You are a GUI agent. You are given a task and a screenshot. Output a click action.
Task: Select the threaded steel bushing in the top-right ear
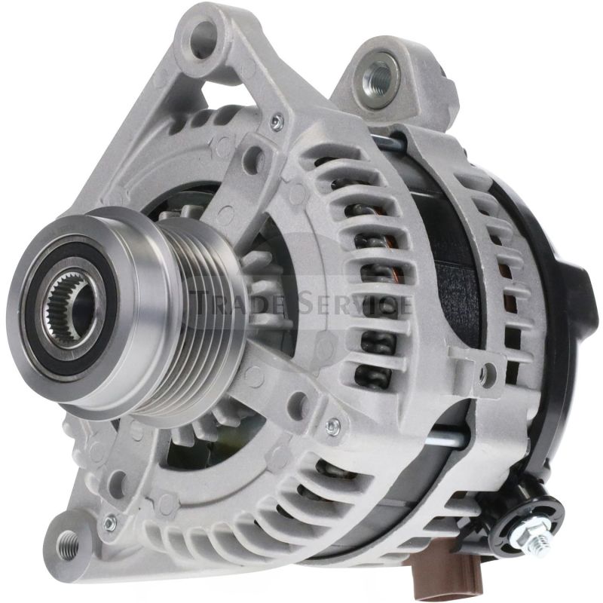pyautogui.click(x=378, y=76)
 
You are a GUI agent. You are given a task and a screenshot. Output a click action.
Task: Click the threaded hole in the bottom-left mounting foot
pyautogui.click(x=69, y=541)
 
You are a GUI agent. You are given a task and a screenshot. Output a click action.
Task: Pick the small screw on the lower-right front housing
pyautogui.click(x=332, y=427)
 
